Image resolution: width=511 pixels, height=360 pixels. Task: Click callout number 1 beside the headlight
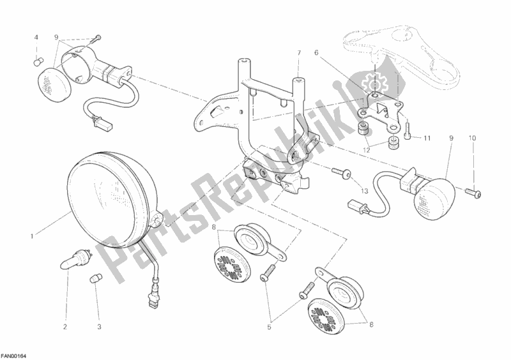point(31,237)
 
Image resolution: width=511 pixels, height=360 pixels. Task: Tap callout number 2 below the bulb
point(65,327)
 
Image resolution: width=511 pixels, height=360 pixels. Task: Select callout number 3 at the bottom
point(100,327)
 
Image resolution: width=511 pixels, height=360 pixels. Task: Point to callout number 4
point(36,38)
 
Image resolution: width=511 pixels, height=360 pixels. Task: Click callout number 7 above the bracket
point(299,52)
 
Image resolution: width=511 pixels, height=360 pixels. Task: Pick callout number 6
point(316,52)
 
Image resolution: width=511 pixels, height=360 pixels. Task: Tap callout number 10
point(473,138)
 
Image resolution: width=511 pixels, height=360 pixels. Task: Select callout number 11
point(427,138)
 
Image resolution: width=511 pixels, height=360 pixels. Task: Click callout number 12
point(367,150)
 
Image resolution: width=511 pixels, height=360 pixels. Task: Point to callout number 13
point(364,191)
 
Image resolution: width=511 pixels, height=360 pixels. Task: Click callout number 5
point(269,327)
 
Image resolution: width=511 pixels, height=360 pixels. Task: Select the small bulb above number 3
point(95,279)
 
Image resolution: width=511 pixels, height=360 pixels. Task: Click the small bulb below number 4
point(39,61)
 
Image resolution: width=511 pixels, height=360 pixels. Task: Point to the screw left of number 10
point(473,193)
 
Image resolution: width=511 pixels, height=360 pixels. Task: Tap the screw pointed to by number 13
point(341,173)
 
